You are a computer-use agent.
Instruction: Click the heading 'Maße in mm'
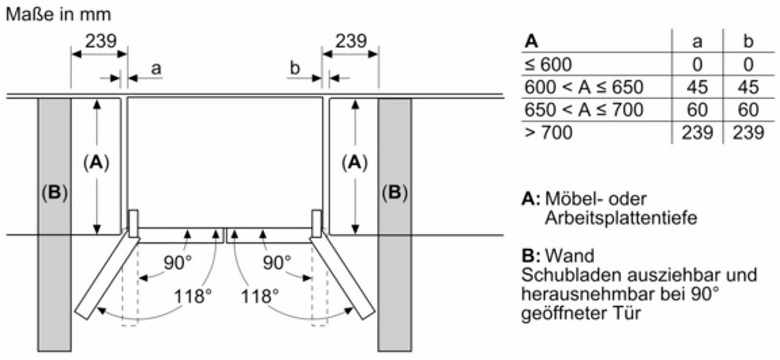pos(57,14)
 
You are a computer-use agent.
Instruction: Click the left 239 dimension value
pos(100,41)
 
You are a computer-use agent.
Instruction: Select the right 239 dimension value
pos(351,41)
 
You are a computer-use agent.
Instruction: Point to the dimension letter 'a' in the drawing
pos(156,68)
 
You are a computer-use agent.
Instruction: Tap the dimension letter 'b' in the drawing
pos(296,68)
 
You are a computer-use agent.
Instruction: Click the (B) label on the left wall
pos(54,192)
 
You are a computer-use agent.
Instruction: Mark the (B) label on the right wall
pos(395,192)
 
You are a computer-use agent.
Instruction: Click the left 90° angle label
pos(177,263)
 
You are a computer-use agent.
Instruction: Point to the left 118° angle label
pos(193,297)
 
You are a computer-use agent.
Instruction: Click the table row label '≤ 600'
pos(548,64)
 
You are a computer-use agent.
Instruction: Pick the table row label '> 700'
pos(548,133)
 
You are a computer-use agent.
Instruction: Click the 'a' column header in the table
pos(698,42)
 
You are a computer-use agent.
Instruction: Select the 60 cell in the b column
pos(749,110)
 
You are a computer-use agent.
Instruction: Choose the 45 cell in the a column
pos(697,87)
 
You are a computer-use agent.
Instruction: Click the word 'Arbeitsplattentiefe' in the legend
pos(621,218)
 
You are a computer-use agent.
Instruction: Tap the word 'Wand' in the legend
pos(570,256)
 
